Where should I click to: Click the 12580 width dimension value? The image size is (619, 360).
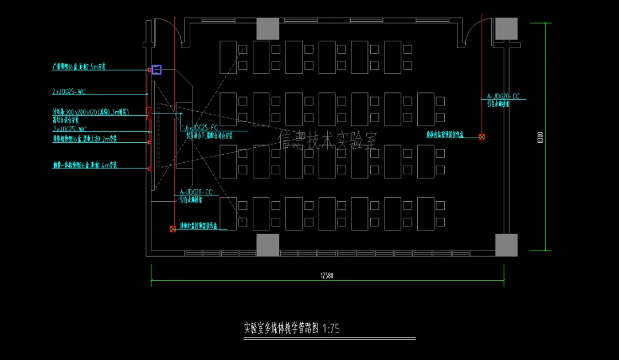327,276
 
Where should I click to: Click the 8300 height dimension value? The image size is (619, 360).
539,138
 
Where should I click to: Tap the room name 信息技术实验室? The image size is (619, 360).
328,140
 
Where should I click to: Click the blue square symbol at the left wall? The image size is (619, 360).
156,70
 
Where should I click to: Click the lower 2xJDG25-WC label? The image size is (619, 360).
69,130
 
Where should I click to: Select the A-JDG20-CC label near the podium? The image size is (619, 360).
196,193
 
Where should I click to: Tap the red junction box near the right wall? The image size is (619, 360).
482,137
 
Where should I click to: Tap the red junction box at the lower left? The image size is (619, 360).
173,229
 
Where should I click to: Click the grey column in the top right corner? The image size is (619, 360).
506,29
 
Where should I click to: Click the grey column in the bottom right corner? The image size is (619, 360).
506,245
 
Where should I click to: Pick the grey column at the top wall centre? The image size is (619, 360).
268,29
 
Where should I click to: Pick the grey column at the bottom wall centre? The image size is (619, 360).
268,245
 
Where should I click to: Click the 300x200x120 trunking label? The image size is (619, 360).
89,111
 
